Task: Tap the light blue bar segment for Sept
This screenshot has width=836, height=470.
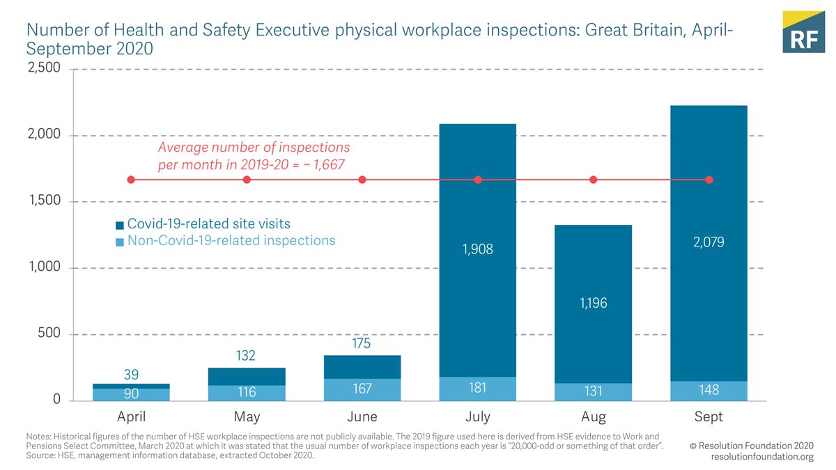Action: click(709, 391)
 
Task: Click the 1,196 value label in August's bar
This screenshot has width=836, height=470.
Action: click(594, 303)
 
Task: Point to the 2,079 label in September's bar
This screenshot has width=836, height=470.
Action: click(709, 242)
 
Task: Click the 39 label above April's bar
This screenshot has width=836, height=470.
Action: click(131, 374)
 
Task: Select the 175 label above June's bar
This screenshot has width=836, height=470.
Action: click(362, 344)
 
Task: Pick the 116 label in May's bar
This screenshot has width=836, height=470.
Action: click(247, 393)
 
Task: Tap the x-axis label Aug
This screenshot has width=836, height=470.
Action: click(594, 417)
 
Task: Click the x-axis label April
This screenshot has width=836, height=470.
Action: click(131, 417)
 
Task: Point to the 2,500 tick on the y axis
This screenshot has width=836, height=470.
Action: click(43, 69)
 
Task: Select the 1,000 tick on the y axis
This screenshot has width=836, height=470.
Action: click(43, 268)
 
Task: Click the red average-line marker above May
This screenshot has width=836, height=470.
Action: click(247, 180)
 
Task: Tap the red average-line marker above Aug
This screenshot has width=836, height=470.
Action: click(594, 180)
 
